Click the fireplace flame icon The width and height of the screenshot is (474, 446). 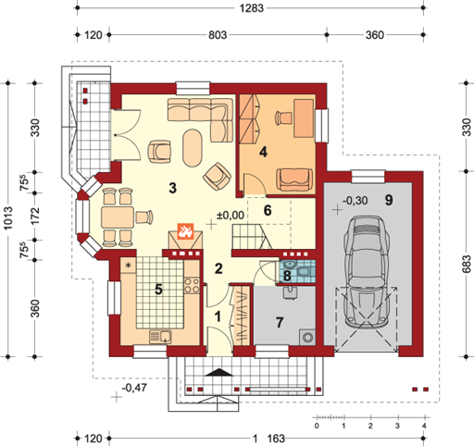tap(185, 231)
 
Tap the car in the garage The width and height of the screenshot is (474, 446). tap(367, 272)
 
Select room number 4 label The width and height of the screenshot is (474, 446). tap(263, 152)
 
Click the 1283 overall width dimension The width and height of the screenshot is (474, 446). tap(252, 8)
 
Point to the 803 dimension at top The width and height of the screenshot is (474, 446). tap(218, 35)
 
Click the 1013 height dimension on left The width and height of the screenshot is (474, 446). tap(8, 218)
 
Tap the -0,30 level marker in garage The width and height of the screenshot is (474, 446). tap(355, 201)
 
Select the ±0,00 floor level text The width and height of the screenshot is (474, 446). tap(231, 215)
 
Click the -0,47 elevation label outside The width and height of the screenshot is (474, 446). tap(134, 388)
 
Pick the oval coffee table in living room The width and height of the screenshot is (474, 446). tap(193, 148)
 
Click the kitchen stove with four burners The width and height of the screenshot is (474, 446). tap(192, 285)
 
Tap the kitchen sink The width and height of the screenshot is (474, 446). tap(160, 337)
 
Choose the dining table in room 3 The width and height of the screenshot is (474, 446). tap(118, 217)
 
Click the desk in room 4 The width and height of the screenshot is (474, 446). tap(304, 118)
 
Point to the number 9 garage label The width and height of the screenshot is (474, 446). tap(389, 200)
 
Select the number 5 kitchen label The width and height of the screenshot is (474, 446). tap(158, 290)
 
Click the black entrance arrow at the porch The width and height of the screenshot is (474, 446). tap(219, 372)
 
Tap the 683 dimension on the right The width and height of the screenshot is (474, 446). tap(468, 264)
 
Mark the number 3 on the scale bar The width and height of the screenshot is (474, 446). tap(397, 426)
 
